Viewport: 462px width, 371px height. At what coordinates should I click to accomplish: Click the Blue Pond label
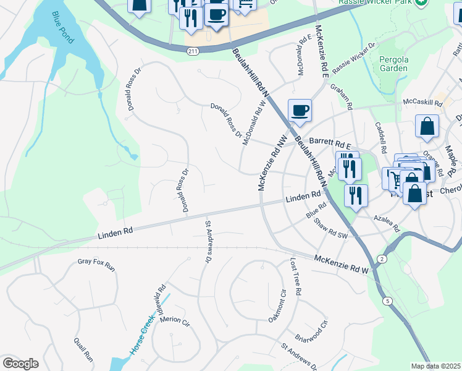(x=63, y=27)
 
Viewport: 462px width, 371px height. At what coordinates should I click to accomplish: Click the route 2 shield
(x=383, y=258)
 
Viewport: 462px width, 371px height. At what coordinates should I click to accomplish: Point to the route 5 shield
(x=387, y=301)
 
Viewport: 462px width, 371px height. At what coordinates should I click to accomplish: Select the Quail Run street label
(x=83, y=349)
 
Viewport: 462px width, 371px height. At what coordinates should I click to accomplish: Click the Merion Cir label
(x=175, y=321)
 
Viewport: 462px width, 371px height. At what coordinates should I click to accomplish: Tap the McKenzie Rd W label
(x=341, y=263)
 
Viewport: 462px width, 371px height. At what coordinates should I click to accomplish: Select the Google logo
(x=20, y=364)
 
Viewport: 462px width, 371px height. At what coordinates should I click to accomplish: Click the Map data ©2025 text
(x=435, y=366)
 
